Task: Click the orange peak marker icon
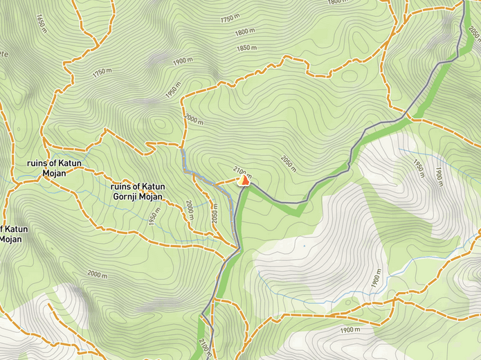(244, 180)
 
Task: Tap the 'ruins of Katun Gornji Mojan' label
(138, 191)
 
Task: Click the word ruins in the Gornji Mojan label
(122, 186)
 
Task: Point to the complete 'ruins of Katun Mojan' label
(54, 168)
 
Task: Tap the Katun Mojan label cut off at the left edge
(11, 234)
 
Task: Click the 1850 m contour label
(246, 48)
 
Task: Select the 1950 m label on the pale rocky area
(418, 170)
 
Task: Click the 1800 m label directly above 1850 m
(244, 32)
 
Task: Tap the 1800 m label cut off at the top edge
(336, 3)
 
